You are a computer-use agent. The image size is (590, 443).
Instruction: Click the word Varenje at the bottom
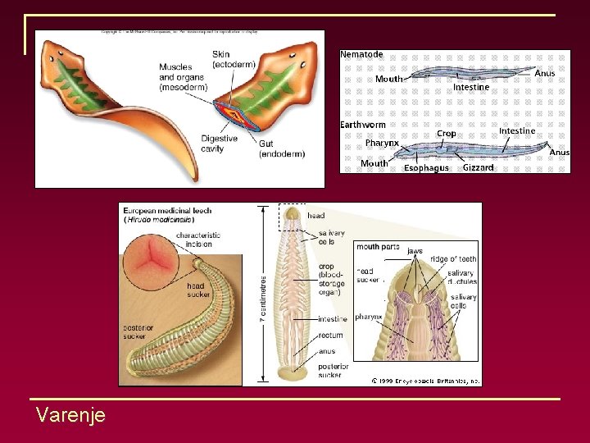(x=70, y=415)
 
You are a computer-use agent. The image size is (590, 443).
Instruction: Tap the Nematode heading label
(x=361, y=54)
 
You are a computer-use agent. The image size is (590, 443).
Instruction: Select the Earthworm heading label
(x=363, y=125)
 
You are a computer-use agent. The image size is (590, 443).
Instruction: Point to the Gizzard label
(x=478, y=167)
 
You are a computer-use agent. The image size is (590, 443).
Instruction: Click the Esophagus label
(x=426, y=168)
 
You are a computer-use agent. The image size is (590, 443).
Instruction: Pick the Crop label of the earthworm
(x=447, y=133)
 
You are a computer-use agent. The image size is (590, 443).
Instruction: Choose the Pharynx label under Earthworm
(x=382, y=143)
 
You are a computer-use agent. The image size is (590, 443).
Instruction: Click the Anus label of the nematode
(x=545, y=73)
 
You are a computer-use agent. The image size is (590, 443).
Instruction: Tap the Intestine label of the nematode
(x=471, y=87)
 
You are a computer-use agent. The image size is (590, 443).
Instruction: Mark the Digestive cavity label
(x=220, y=144)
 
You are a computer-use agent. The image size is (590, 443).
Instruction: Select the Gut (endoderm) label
(x=282, y=148)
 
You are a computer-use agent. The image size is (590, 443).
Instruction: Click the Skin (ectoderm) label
(x=234, y=59)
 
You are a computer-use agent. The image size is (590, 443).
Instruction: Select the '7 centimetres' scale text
(x=262, y=296)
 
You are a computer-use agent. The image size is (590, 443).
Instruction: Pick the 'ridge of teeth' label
(x=453, y=259)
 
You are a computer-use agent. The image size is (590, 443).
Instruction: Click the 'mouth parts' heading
(x=378, y=246)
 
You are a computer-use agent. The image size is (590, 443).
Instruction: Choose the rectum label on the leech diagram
(x=332, y=335)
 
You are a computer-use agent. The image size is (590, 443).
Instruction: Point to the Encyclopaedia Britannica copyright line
(x=425, y=381)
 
